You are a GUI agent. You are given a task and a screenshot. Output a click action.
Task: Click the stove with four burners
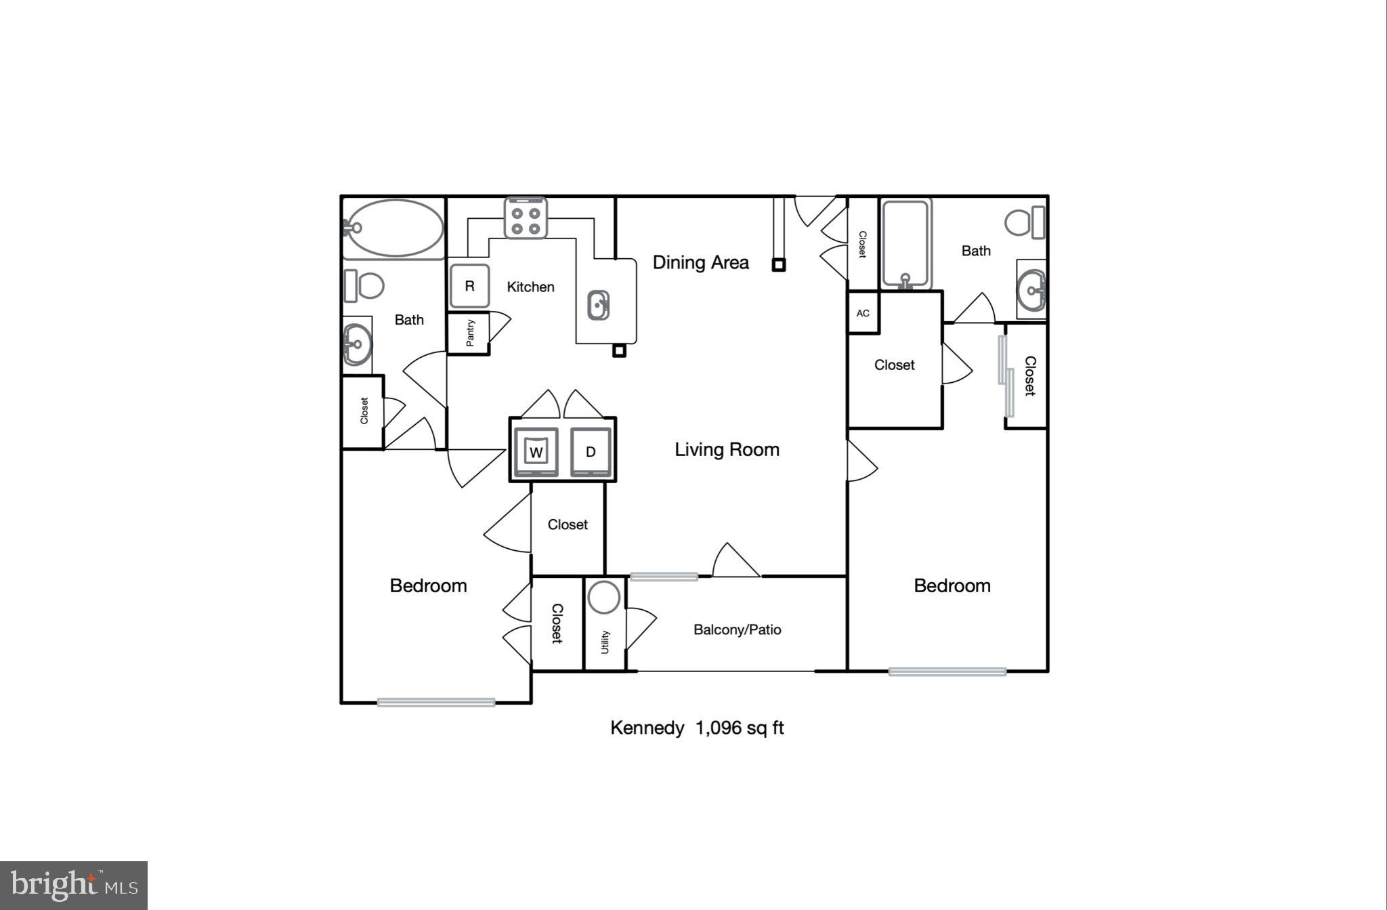526,219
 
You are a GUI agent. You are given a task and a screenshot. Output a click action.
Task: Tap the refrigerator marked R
469,286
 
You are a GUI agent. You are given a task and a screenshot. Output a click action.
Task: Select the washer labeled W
536,452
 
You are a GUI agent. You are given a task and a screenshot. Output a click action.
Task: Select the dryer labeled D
590,452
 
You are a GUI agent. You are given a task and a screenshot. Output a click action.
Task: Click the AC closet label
863,313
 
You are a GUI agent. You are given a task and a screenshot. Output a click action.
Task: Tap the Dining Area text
700,262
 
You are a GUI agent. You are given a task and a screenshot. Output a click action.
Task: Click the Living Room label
727,449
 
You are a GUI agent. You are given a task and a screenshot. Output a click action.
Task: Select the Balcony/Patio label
737,629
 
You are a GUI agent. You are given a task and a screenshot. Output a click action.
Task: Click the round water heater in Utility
603,597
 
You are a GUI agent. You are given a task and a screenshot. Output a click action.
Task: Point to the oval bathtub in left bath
394,228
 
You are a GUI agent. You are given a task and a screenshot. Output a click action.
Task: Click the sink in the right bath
1031,291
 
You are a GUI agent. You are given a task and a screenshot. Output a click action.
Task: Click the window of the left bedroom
435,703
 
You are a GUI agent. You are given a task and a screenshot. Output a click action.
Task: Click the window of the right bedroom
947,671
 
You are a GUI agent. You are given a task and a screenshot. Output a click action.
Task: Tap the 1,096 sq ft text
740,728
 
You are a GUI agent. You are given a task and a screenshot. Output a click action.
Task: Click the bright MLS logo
74,885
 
